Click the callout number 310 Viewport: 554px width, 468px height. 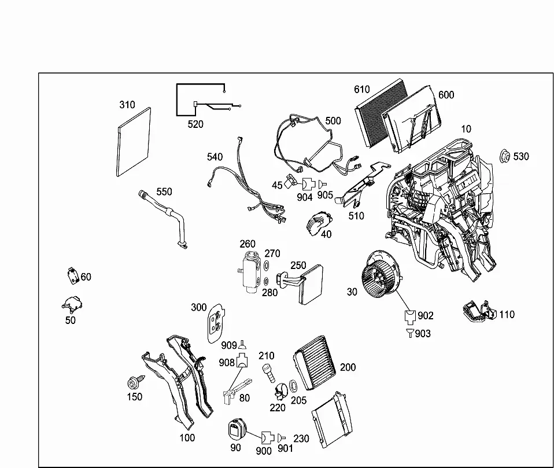127,105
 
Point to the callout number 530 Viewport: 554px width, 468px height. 521,156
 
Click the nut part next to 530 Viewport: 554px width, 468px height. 504,156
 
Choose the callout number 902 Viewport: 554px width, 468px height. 426,315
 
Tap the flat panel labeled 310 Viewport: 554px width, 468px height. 133,142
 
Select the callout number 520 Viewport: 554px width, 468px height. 195,124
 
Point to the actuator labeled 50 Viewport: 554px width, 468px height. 72,304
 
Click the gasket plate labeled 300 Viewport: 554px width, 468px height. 216,323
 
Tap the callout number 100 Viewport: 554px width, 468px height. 187,437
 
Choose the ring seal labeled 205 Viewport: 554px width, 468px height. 293,386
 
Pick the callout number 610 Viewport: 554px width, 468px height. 362,89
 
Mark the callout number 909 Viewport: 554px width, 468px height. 229,345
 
